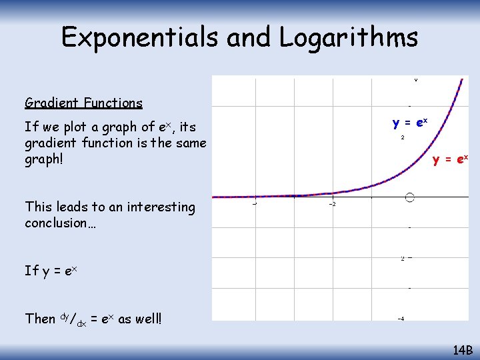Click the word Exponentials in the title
(141, 37)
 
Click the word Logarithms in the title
(349, 37)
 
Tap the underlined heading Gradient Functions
(83, 103)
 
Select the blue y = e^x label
(410, 123)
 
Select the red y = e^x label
(450, 159)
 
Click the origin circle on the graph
(409, 197)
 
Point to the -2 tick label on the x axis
(331, 204)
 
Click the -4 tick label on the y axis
(401, 319)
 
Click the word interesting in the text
(161, 207)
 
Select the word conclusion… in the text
(60, 223)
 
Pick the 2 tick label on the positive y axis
(403, 138)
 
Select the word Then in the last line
(39, 319)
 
